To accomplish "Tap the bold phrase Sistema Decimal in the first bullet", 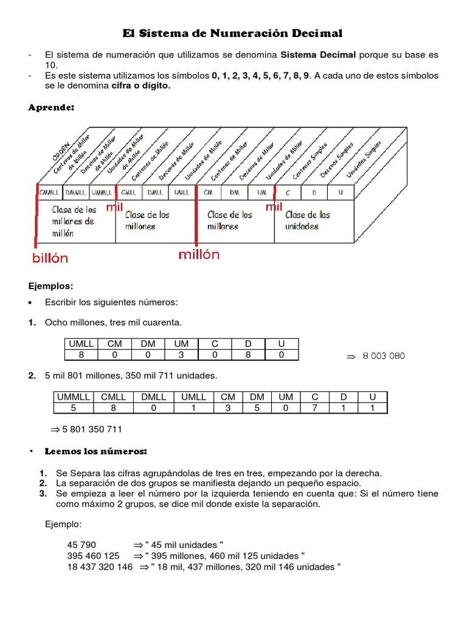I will click(318, 55).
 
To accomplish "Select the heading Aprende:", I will click(51, 108).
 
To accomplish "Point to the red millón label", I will click(199, 255).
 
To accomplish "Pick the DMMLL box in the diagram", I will click(75, 192).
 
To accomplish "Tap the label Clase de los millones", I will click(147, 220).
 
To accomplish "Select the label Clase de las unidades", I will click(308, 220).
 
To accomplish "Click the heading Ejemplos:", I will click(51, 285).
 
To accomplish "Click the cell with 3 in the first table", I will click(181, 355).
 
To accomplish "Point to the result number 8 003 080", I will click(383, 356).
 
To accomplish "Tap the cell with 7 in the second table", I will click(314, 408).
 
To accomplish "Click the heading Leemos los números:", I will click(96, 452).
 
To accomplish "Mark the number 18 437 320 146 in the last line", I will click(100, 567).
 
